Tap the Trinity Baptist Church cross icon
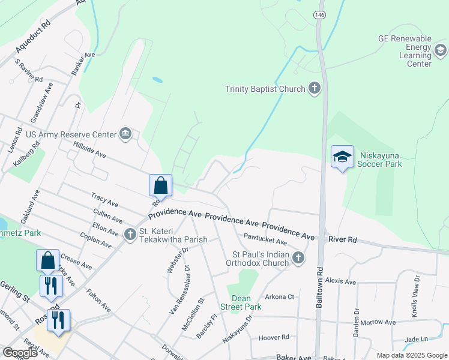click(x=313, y=89)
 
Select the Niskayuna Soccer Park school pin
click(x=342, y=157)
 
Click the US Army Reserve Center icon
click(x=125, y=133)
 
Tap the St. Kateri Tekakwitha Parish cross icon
click(x=130, y=234)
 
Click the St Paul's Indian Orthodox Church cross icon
click(x=298, y=258)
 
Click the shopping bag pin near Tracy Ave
click(x=161, y=185)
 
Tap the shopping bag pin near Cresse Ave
click(x=48, y=260)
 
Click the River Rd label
click(x=343, y=239)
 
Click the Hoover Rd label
click(x=274, y=338)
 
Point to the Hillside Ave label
click(x=89, y=151)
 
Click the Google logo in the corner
click(x=20, y=353)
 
